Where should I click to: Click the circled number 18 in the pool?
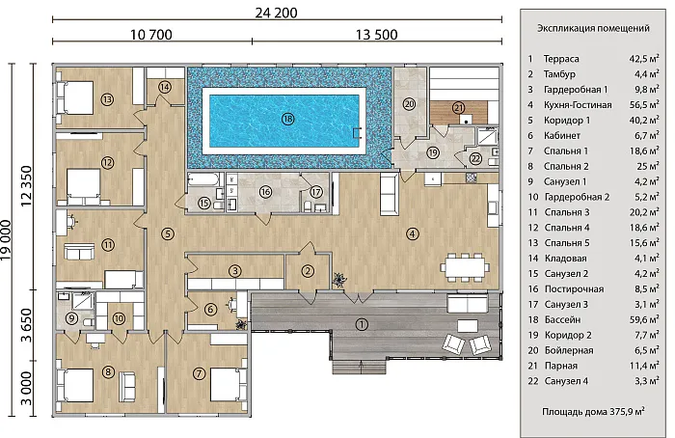(287, 119)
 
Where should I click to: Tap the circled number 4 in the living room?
(413, 233)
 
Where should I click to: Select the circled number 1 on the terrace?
(362, 324)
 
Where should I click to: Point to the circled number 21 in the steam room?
(458, 108)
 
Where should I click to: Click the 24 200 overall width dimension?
(276, 13)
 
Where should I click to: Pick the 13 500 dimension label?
(377, 35)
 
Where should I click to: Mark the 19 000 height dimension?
(7, 240)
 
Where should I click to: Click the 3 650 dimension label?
(27, 325)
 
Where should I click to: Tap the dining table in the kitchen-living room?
(465, 267)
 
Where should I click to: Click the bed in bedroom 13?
(75, 97)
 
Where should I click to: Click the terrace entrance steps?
(359, 367)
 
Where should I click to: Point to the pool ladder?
(357, 133)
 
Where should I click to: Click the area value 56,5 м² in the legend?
(644, 104)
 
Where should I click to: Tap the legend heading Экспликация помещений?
(593, 28)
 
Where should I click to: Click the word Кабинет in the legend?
(562, 136)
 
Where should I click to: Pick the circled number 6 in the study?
(210, 310)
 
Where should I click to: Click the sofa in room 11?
(79, 252)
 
